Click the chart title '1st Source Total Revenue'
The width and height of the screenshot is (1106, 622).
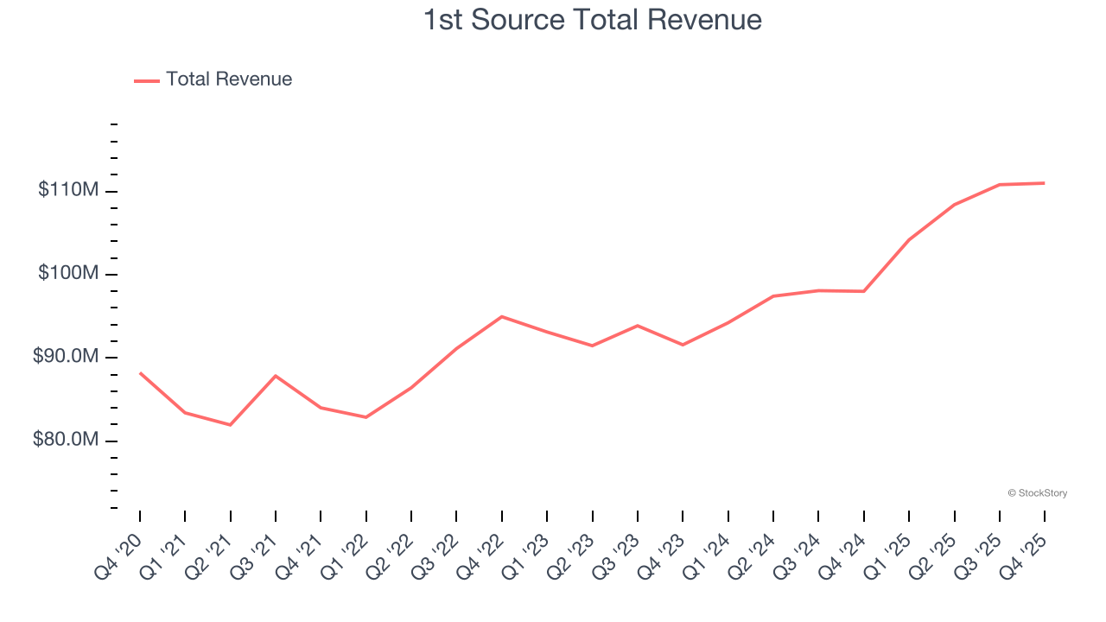pyautogui.click(x=593, y=19)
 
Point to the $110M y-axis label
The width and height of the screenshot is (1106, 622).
pyautogui.click(x=68, y=190)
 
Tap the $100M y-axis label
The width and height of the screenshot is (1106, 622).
pyautogui.click(x=68, y=274)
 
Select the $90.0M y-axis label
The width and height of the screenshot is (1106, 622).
pyautogui.click(x=66, y=357)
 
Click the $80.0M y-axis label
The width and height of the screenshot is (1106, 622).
pyautogui.click(x=66, y=441)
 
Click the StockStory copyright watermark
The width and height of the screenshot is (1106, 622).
pyautogui.click(x=1038, y=493)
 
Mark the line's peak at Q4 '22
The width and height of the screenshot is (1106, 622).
pyautogui.click(x=502, y=316)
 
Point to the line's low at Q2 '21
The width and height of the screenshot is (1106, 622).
pyautogui.click(x=231, y=425)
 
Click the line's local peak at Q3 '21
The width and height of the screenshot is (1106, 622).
pyautogui.click(x=276, y=376)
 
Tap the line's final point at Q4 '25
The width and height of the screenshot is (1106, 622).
pyautogui.click(x=1044, y=183)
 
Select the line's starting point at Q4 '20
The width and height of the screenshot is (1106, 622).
pyautogui.click(x=140, y=373)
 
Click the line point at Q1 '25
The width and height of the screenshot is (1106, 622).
pyautogui.click(x=909, y=239)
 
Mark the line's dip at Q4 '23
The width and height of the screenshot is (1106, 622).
pyautogui.click(x=683, y=345)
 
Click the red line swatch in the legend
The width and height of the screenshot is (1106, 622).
pyautogui.click(x=147, y=80)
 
